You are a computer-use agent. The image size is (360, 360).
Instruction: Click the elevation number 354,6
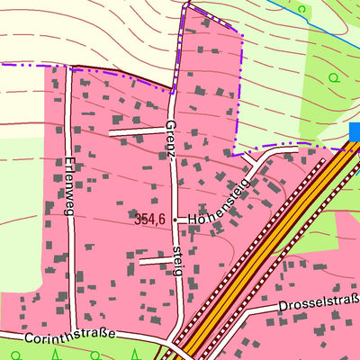(x=149, y=219)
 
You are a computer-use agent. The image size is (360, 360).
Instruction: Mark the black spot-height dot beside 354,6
(x=175, y=219)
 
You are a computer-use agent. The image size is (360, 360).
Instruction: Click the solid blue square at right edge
(x=354, y=133)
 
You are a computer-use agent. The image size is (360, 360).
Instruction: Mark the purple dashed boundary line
(x=90, y=68)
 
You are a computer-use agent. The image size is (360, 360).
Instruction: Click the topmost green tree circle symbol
(x=301, y=9)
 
